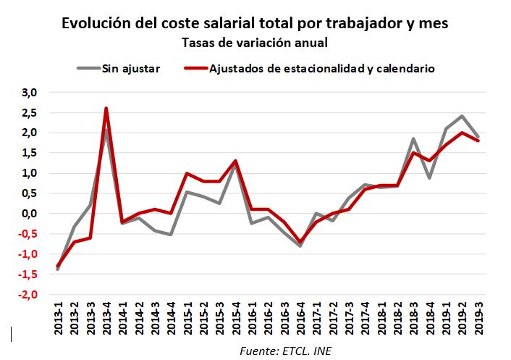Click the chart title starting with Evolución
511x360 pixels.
pyautogui.click(x=255, y=23)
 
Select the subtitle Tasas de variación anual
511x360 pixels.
pyautogui.click(x=255, y=43)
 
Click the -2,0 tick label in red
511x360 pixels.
pyautogui.click(x=28, y=295)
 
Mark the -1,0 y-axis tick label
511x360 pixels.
pyautogui.click(x=28, y=254)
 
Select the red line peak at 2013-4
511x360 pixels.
pyautogui.click(x=106, y=109)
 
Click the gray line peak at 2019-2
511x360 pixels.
pyautogui.click(x=462, y=117)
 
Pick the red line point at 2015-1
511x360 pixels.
pyautogui.click(x=187, y=174)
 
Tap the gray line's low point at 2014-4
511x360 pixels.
pyautogui.click(x=171, y=235)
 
